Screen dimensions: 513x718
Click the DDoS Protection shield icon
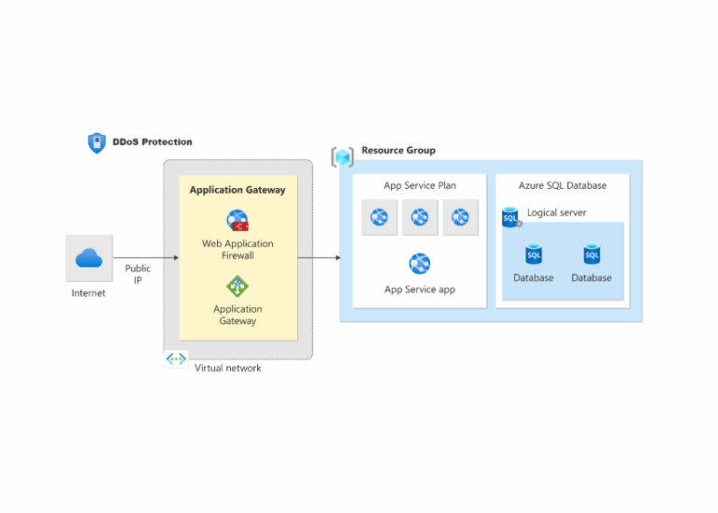point(96,142)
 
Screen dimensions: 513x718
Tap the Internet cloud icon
point(89,258)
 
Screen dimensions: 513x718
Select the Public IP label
point(137,273)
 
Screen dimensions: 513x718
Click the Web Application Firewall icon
point(237,221)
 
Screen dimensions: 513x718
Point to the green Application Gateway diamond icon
point(237,286)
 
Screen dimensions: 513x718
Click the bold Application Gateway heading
point(237,190)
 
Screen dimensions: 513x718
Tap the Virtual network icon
point(176,359)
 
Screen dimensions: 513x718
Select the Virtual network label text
point(227,368)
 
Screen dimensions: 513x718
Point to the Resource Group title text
point(398,151)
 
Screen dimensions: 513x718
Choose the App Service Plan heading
point(420,185)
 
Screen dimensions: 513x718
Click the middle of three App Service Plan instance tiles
point(420,217)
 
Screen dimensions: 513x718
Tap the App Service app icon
point(420,263)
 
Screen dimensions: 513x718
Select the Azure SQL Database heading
point(563,185)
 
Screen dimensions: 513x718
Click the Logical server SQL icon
point(510,218)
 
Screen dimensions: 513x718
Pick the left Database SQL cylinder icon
point(533,255)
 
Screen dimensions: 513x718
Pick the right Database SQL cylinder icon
point(592,255)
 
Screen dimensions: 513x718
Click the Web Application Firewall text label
point(237,249)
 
